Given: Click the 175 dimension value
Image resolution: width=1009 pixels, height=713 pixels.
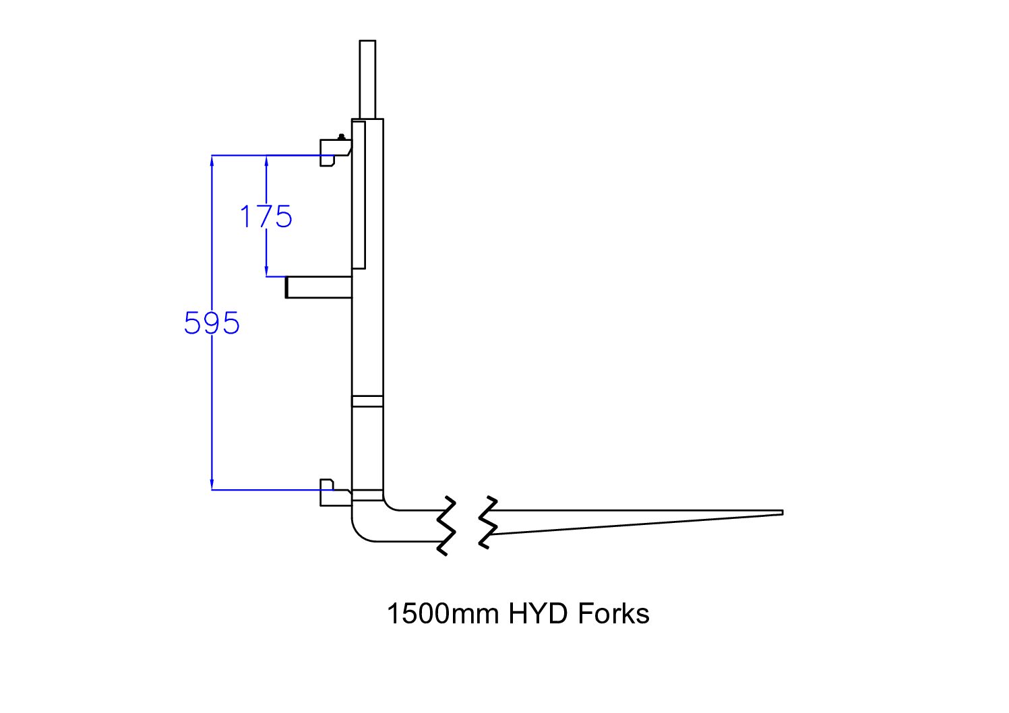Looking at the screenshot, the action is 266,216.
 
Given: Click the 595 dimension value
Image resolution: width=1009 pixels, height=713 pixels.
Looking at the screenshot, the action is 212,323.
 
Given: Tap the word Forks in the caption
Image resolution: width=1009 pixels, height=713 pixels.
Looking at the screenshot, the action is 613,613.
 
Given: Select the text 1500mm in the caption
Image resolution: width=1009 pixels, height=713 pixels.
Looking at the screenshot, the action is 444,613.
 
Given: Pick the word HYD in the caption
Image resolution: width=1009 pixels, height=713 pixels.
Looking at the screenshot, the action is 538,613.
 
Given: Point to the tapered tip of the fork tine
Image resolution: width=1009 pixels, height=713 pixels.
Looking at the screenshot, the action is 783,513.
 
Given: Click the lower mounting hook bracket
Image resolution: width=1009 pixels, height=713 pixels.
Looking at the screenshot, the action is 336,493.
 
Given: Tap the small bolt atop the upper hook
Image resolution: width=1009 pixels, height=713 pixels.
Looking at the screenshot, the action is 342,137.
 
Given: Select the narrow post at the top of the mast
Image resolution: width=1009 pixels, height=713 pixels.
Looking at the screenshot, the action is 367,80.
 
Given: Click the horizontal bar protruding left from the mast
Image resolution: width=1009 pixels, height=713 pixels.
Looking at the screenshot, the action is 318,287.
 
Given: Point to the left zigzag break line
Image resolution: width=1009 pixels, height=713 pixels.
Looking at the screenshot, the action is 446,526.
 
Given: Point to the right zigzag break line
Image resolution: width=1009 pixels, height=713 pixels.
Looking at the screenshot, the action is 488,522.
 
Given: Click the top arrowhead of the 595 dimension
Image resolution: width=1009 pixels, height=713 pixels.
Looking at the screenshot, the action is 212,160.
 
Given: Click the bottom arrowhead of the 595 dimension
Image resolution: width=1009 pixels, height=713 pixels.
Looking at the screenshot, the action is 212,485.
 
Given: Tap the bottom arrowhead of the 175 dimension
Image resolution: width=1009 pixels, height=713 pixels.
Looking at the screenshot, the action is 266,272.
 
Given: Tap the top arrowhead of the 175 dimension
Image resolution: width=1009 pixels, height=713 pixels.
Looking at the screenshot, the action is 266,160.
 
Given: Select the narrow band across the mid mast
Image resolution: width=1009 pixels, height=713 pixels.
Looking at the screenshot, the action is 367,402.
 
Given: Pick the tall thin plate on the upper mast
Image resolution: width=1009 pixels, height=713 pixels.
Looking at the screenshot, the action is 359,195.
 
